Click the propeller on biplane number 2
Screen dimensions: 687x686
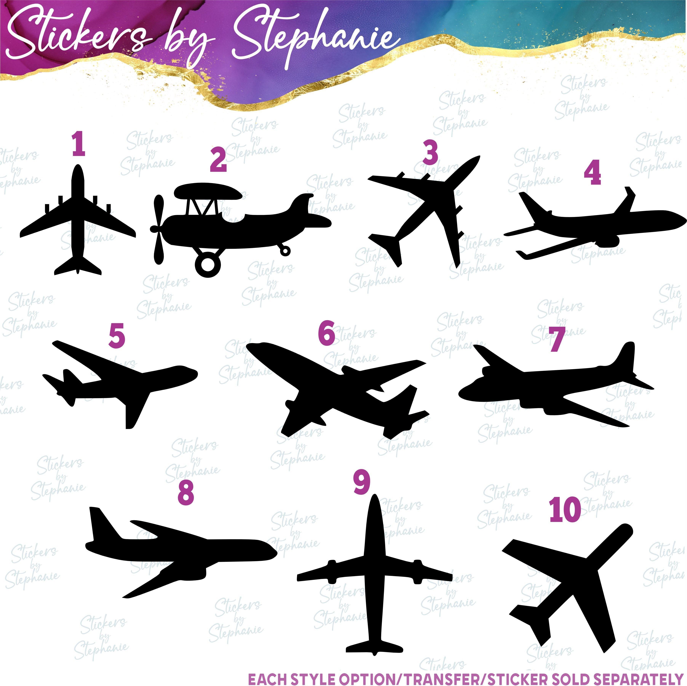pyautogui.click(x=157, y=230)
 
